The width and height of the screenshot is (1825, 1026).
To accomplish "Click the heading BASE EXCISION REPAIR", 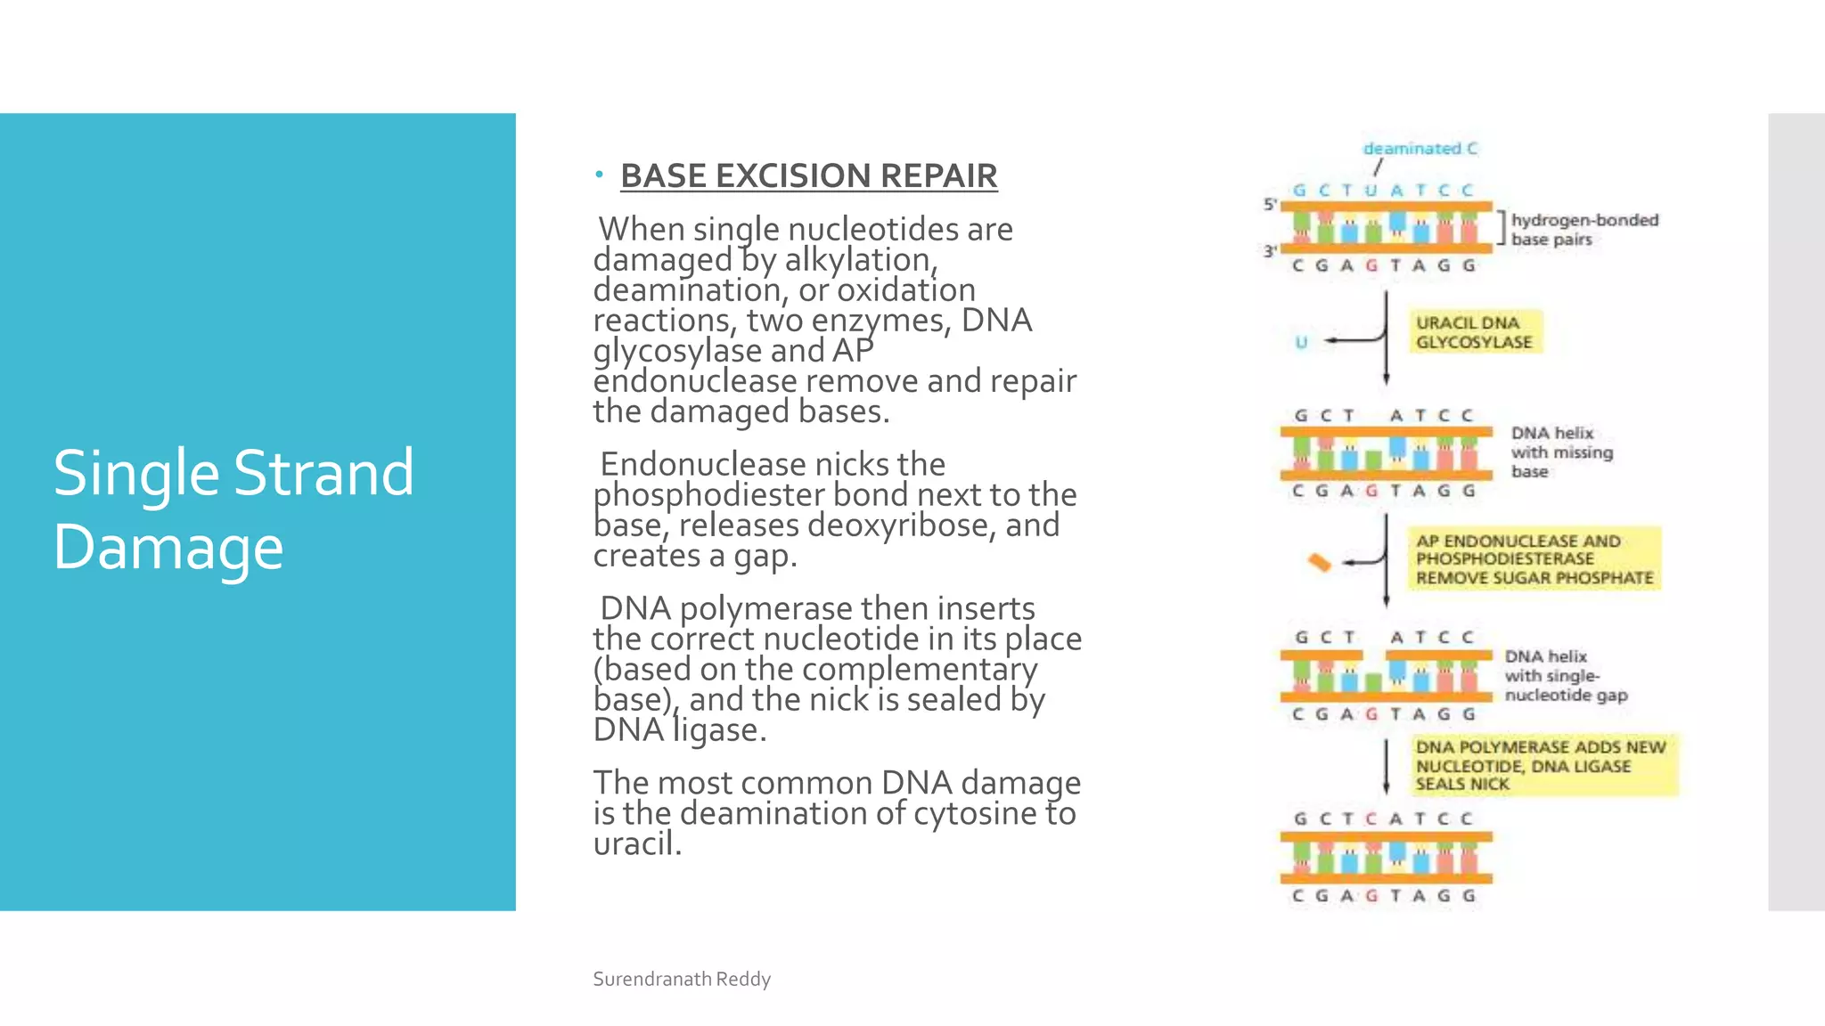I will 808,175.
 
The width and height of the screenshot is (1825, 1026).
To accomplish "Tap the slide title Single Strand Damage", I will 233,509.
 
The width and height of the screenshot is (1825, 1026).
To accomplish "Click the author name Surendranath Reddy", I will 682,979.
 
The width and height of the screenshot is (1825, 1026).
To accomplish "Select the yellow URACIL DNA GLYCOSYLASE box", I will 1474,332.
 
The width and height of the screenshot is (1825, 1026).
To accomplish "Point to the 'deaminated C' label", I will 1420,149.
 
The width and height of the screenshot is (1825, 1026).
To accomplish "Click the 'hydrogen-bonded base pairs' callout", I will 1584,229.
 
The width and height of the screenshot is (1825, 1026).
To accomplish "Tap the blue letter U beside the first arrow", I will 1301,342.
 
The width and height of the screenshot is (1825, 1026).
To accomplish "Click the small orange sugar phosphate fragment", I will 1319,562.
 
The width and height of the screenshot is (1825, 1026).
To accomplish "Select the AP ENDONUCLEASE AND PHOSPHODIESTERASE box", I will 1534,559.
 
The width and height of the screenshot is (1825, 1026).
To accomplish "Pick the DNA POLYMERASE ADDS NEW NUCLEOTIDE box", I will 1541,765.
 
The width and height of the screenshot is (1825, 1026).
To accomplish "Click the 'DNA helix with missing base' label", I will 1561,452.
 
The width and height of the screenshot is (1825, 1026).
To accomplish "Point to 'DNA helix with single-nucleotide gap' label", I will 1565,675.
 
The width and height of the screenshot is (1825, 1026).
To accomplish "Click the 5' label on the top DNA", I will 1271,204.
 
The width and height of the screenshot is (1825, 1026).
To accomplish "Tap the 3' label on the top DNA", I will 1271,251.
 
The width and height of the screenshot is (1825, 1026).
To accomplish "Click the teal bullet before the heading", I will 600,174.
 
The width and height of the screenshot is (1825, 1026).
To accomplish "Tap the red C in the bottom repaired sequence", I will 1371,818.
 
